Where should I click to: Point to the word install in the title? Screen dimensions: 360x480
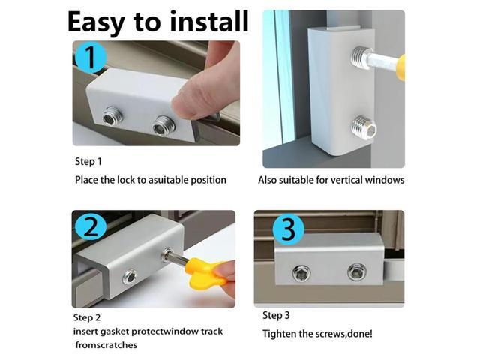[202, 22]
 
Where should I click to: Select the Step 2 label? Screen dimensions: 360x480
[87, 316]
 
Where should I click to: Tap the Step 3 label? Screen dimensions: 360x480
[276, 315]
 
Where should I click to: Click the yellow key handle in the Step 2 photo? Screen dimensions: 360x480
[207, 274]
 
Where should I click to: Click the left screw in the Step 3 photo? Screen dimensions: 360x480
[303, 271]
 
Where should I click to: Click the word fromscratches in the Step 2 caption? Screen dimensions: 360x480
[106, 345]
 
